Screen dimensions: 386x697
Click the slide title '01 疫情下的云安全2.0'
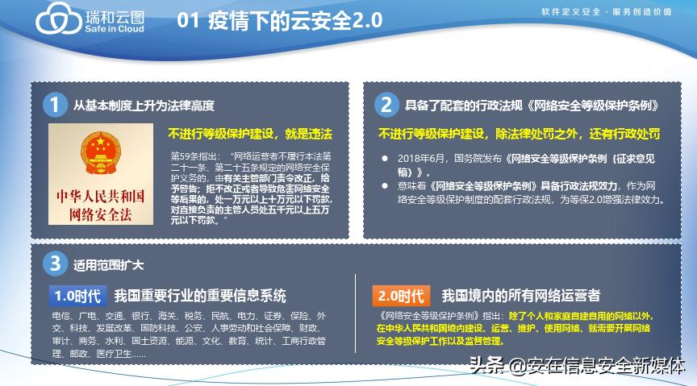coord(278,21)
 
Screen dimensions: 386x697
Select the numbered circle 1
coord(54,105)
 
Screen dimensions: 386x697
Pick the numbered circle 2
coord(386,105)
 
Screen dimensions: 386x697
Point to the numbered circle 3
coord(54,264)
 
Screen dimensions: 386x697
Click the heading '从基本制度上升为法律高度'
coord(144,106)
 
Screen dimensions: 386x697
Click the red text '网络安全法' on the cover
coord(99,214)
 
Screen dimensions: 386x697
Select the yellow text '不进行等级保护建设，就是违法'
coord(250,132)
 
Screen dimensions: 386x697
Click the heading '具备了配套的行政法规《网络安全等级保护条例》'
coord(533,106)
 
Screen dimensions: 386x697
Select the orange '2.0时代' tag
coord(401,296)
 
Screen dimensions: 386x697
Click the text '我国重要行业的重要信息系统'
coord(200,296)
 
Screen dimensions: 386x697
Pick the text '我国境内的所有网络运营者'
coord(521,296)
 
